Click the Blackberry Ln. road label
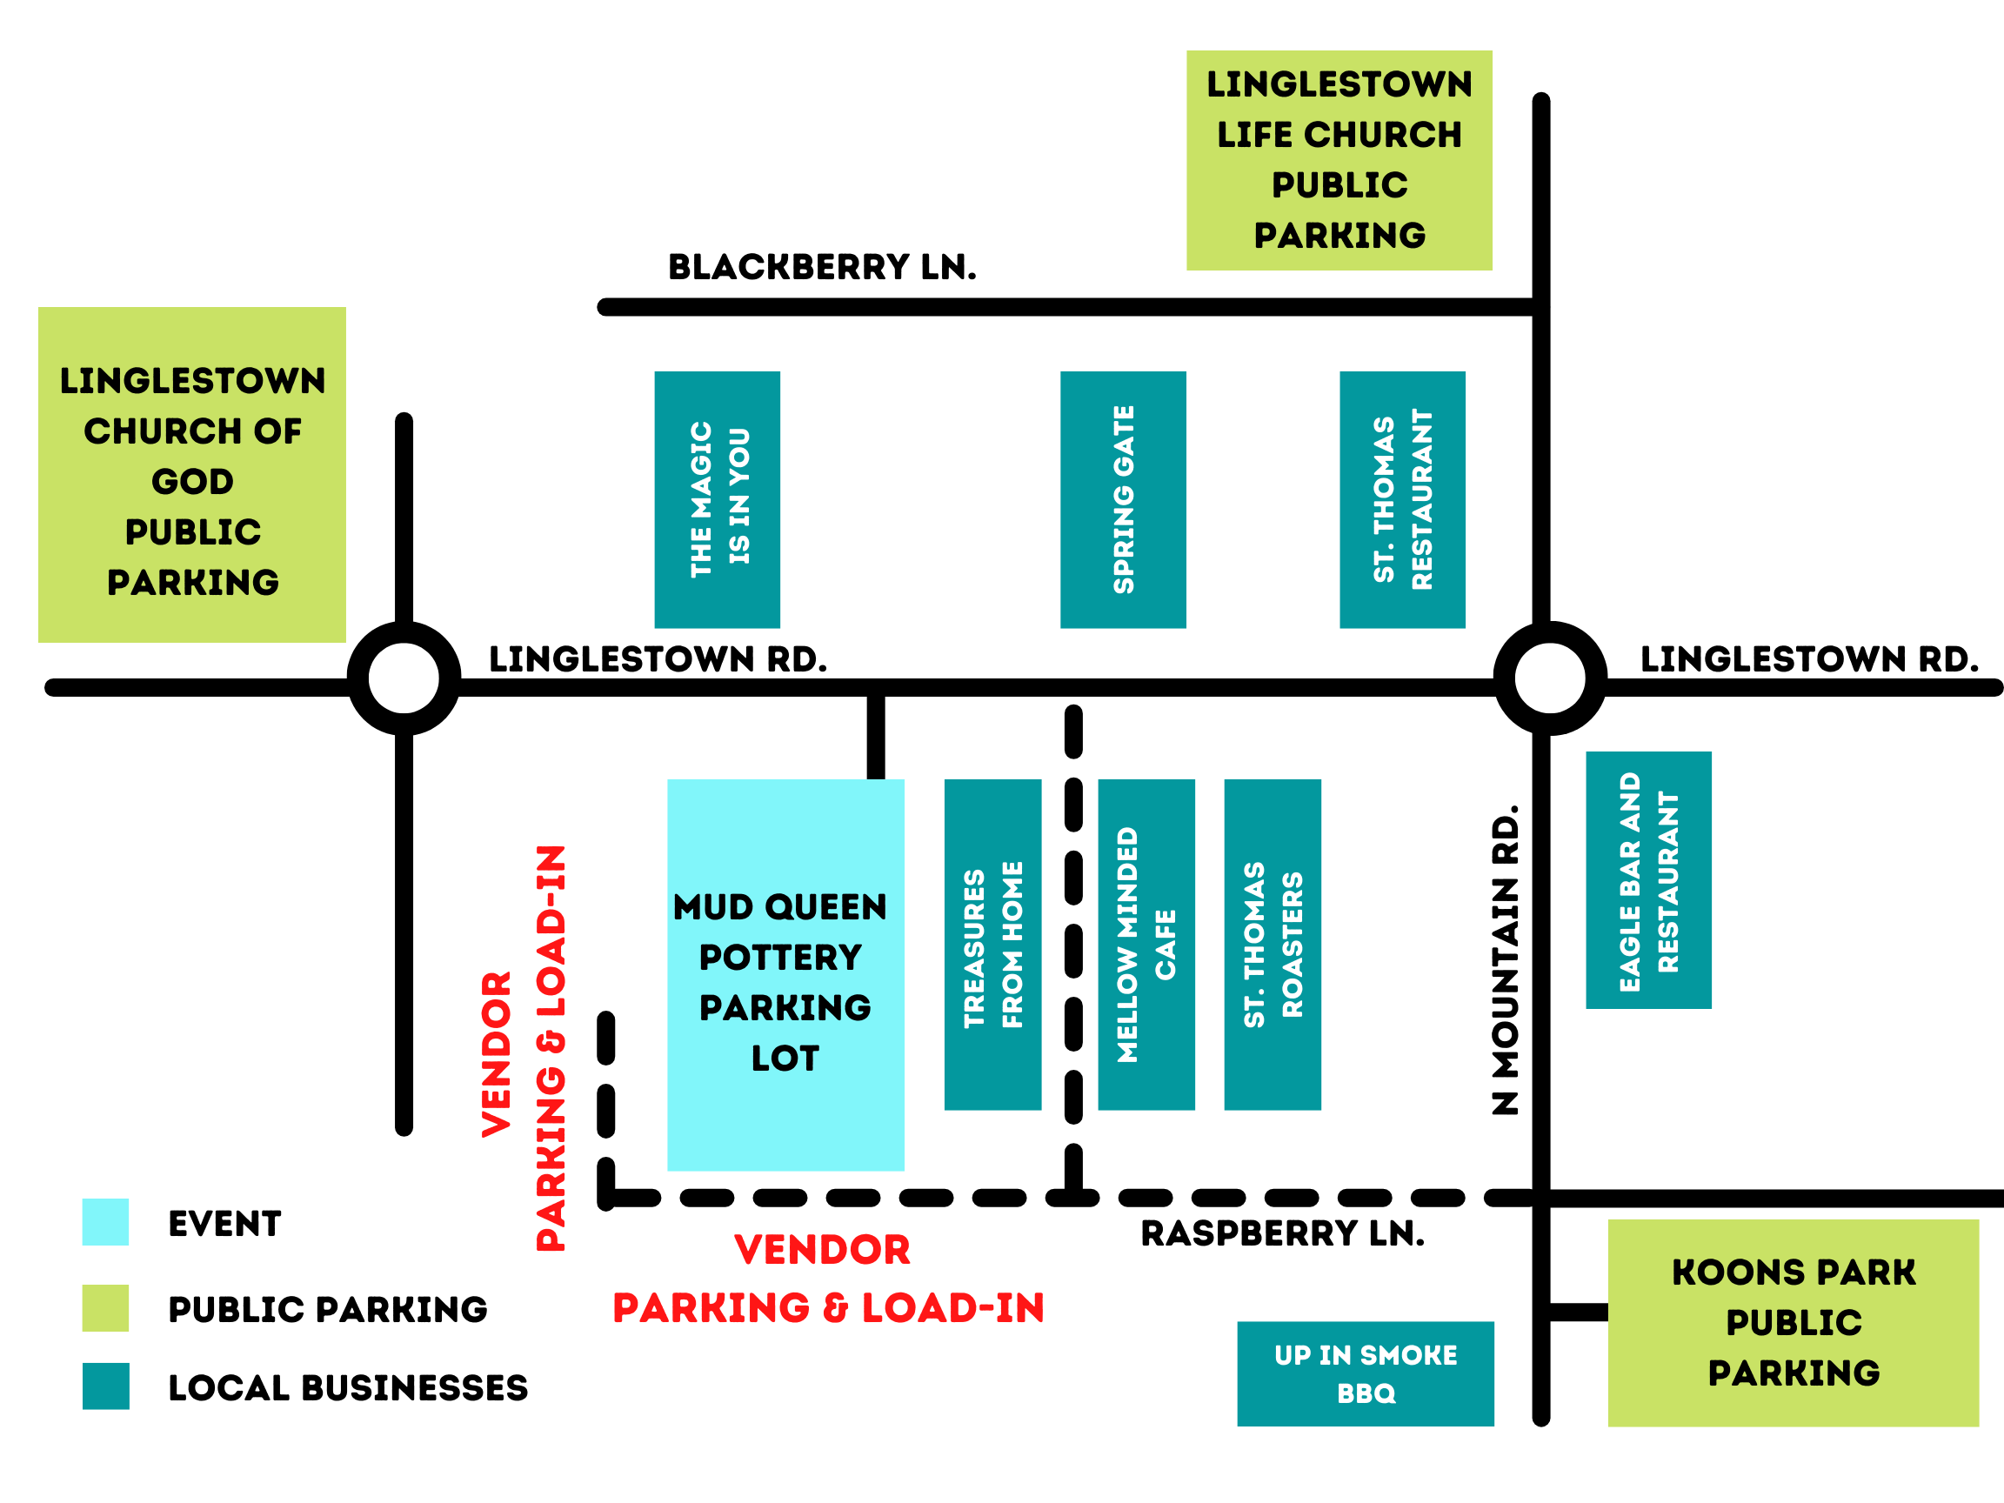(x=822, y=267)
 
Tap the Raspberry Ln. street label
(x=1282, y=1233)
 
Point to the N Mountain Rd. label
(x=1505, y=960)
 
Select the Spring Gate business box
(x=1123, y=499)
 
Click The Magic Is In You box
(x=717, y=499)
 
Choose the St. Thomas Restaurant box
(x=1401, y=499)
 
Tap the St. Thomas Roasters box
(x=1272, y=944)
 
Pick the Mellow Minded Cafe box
(x=1146, y=944)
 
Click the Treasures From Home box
(x=992, y=944)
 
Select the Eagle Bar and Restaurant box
(x=1648, y=879)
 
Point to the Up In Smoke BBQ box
(x=1366, y=1373)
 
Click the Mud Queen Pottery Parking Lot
(x=785, y=975)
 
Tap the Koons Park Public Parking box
(x=1793, y=1323)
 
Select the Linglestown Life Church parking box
(x=1339, y=160)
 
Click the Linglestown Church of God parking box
(x=192, y=475)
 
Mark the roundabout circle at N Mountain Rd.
(x=1550, y=678)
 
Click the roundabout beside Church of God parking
(x=404, y=678)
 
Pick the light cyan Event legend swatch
(x=105, y=1222)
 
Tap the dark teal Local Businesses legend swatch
(x=105, y=1386)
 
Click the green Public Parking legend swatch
(x=105, y=1307)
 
